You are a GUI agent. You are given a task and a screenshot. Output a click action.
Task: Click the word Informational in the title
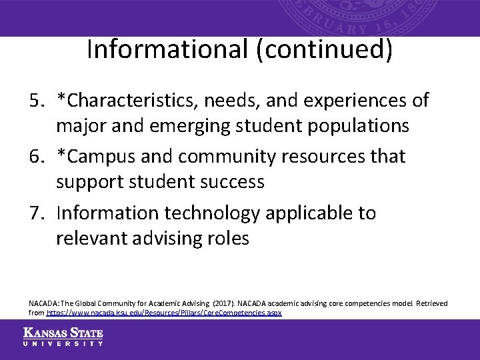pos(168,50)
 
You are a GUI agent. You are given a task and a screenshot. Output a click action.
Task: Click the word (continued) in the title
pos(324,50)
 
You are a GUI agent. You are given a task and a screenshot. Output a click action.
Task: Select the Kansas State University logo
pos(63,337)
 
